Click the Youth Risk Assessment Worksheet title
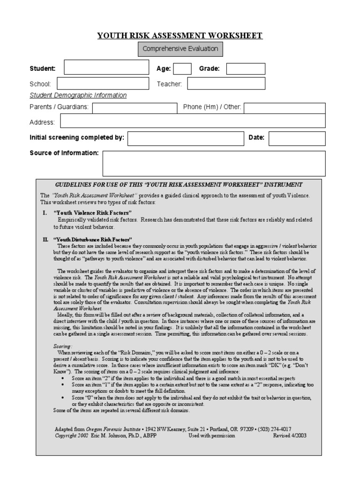point(180,36)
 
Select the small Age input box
point(182,69)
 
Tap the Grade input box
point(246,69)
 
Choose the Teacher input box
point(226,84)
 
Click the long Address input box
point(193,121)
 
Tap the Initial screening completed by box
point(186,138)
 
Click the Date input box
point(297,138)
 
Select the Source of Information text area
point(214,162)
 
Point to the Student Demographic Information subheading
point(78,95)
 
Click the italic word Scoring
point(62,345)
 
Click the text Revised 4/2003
point(290,435)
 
